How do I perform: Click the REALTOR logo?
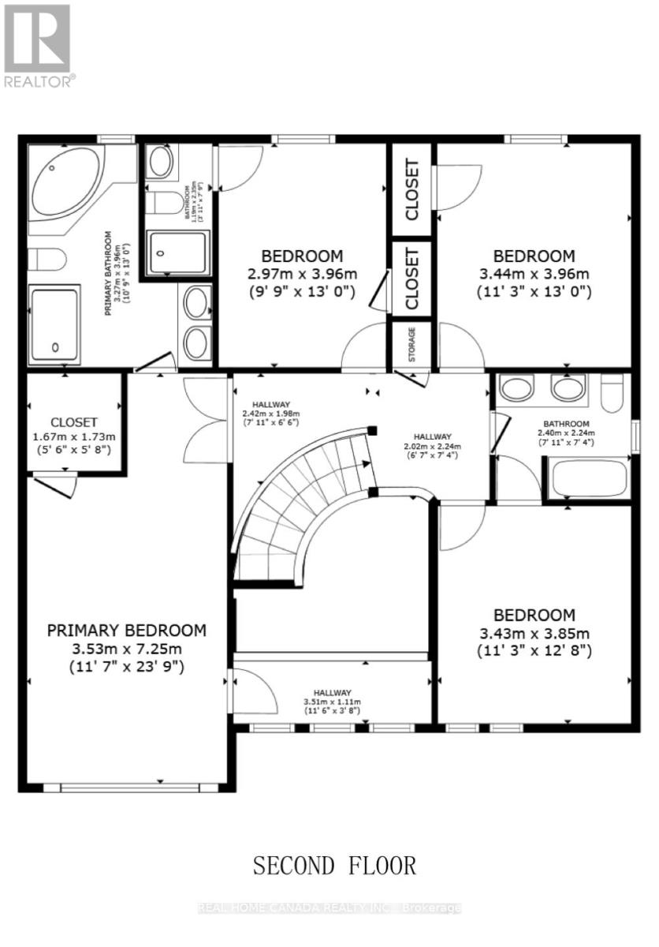[x=38, y=44]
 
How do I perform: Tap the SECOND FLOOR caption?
[x=334, y=865]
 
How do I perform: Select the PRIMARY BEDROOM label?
[x=127, y=630]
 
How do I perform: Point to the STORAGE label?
[x=412, y=343]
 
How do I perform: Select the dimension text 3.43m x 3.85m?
[x=534, y=634]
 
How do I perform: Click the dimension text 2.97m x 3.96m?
[x=302, y=274]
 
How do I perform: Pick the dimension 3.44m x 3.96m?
[x=534, y=274]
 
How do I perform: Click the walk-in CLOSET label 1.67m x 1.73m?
[x=73, y=423]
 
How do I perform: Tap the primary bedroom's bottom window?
[x=131, y=787]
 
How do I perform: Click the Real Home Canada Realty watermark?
[x=329, y=908]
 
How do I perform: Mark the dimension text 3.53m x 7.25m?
[x=127, y=648]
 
